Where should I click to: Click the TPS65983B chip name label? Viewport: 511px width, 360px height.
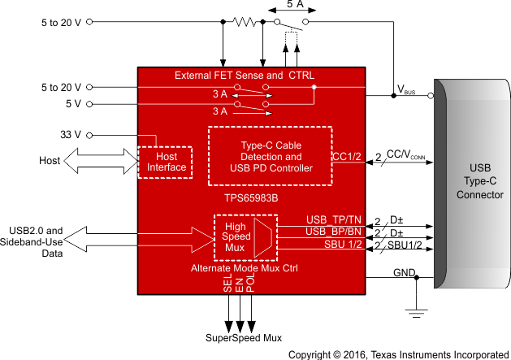[x=254, y=197]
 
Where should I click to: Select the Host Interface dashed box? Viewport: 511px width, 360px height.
[x=166, y=161]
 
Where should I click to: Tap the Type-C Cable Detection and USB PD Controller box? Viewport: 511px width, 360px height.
[x=271, y=156]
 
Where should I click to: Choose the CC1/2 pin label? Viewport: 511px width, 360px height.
[x=344, y=157]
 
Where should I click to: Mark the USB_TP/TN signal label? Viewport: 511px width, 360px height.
[x=333, y=220]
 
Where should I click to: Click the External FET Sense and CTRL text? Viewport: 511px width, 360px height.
[x=245, y=76]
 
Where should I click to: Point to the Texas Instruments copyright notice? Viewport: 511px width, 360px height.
[x=398, y=354]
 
